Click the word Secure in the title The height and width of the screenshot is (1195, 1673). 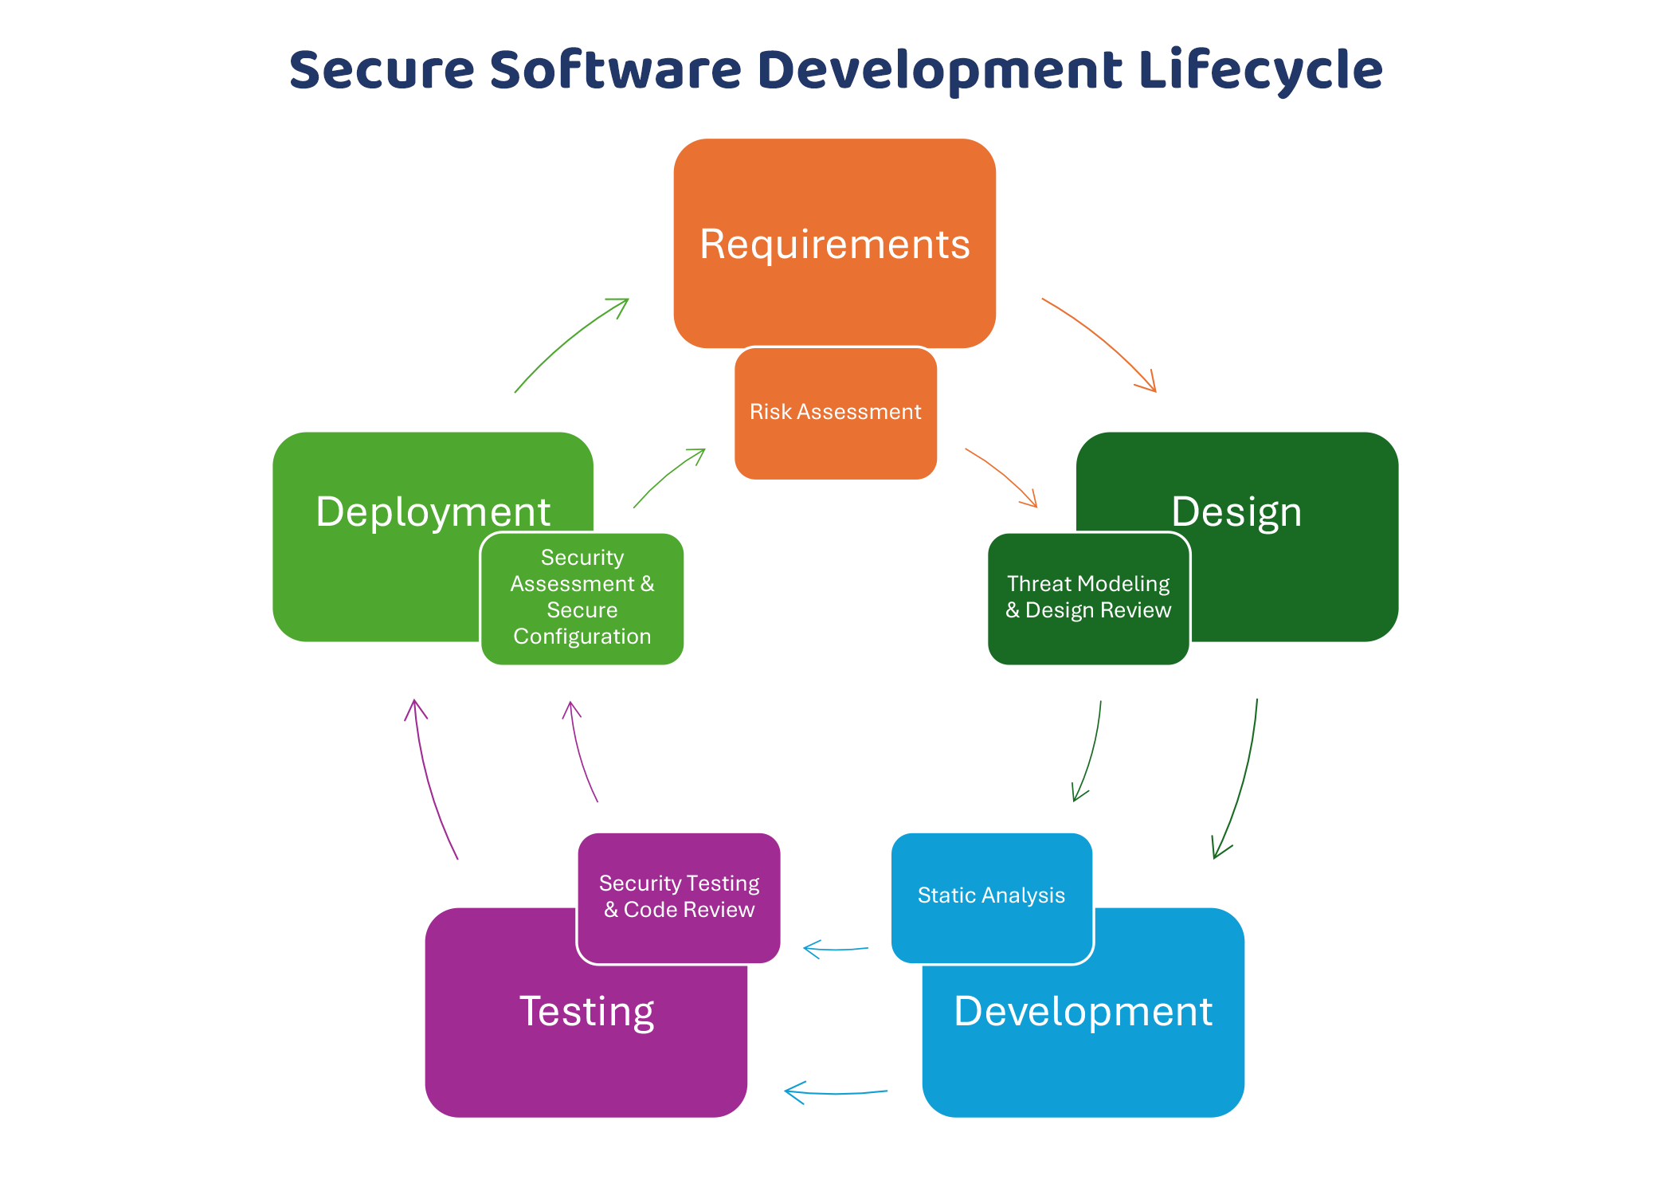[382, 69]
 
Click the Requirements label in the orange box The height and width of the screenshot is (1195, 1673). [835, 244]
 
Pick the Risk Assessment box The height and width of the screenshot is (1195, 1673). [836, 413]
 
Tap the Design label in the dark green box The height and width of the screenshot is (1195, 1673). [1236, 512]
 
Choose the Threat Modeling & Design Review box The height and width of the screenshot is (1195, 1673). [1088, 598]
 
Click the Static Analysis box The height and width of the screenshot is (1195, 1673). [992, 898]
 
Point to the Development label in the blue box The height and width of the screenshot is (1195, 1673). [1083, 1012]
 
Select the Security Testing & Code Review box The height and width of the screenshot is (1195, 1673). [679, 898]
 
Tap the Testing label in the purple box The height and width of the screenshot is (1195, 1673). [587, 1013]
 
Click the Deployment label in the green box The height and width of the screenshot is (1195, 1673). [433, 512]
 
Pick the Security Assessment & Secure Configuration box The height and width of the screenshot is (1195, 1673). [582, 598]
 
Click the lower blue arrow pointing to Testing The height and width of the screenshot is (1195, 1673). [836, 1092]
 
